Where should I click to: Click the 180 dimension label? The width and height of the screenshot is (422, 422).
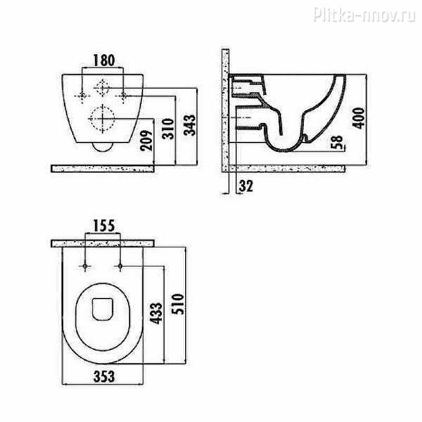click(x=104, y=60)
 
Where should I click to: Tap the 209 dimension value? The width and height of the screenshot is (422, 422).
click(x=147, y=140)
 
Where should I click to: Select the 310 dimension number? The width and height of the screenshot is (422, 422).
click(x=168, y=129)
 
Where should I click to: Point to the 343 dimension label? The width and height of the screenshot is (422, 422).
click(x=189, y=125)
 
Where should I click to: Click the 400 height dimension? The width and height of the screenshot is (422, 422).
click(x=359, y=118)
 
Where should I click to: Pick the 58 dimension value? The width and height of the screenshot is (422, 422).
click(x=337, y=142)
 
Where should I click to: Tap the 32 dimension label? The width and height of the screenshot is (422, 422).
click(x=246, y=186)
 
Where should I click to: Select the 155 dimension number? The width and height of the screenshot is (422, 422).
click(x=104, y=226)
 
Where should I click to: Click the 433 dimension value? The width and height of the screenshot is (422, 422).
click(x=156, y=313)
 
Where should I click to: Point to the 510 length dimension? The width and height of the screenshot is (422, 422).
click(x=178, y=304)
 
